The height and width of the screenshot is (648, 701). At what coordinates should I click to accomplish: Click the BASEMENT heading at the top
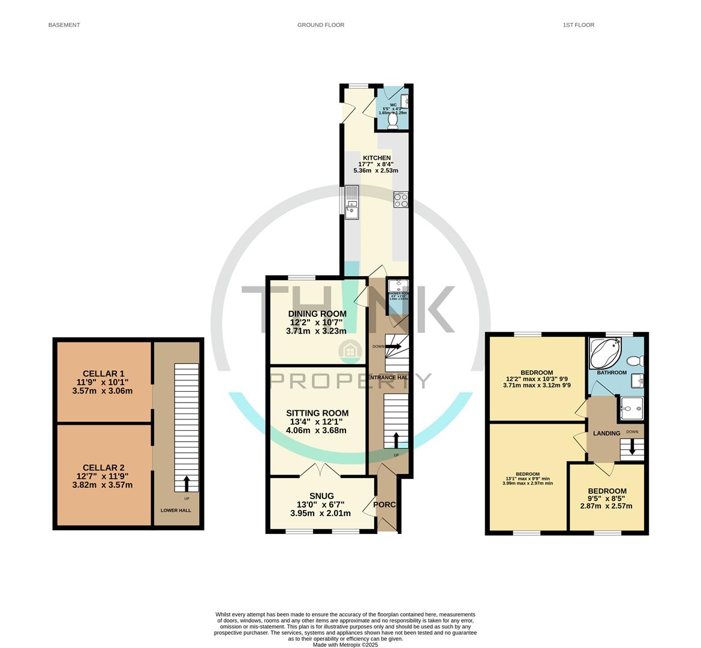[x=64, y=25]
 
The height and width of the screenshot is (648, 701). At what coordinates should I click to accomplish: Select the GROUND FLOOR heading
[x=321, y=25]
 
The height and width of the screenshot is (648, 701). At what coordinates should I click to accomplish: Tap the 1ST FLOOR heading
[x=578, y=25]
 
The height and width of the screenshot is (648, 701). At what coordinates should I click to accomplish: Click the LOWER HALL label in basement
[x=176, y=511]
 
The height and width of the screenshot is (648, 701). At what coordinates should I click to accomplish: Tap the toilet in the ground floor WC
[x=393, y=121]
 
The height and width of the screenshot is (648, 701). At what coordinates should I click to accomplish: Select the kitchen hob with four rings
[x=401, y=200]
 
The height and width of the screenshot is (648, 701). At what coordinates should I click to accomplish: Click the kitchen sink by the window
[x=351, y=210]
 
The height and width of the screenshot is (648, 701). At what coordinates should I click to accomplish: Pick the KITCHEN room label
[x=377, y=158]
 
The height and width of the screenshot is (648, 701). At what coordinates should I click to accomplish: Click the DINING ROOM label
[x=317, y=314]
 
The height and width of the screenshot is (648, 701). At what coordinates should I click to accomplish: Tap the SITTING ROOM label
[x=317, y=413]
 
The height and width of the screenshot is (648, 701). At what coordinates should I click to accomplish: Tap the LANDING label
[x=606, y=433]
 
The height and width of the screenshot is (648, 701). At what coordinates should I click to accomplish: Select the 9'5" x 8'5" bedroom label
[x=606, y=491]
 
